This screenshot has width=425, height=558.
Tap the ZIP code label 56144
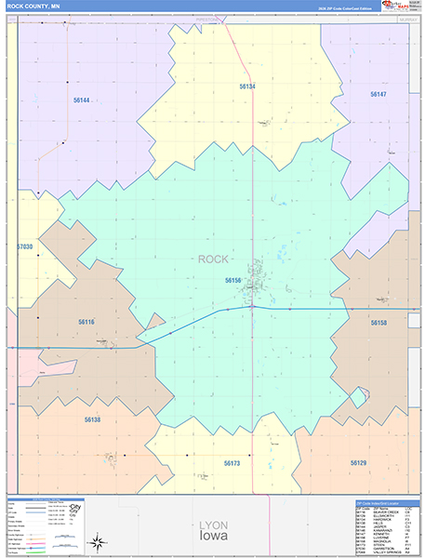click(82, 100)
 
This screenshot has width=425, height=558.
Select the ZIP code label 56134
click(246, 86)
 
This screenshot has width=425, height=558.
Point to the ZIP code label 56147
click(378, 95)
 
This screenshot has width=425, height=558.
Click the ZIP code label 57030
click(25, 246)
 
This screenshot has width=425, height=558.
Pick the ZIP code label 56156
click(232, 279)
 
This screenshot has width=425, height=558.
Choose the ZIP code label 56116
click(86, 322)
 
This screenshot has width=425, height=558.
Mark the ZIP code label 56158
click(378, 323)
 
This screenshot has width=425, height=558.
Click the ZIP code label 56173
click(232, 462)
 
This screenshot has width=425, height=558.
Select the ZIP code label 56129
click(359, 462)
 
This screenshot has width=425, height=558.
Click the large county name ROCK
click(213, 259)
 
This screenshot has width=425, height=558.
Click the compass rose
click(97, 541)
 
